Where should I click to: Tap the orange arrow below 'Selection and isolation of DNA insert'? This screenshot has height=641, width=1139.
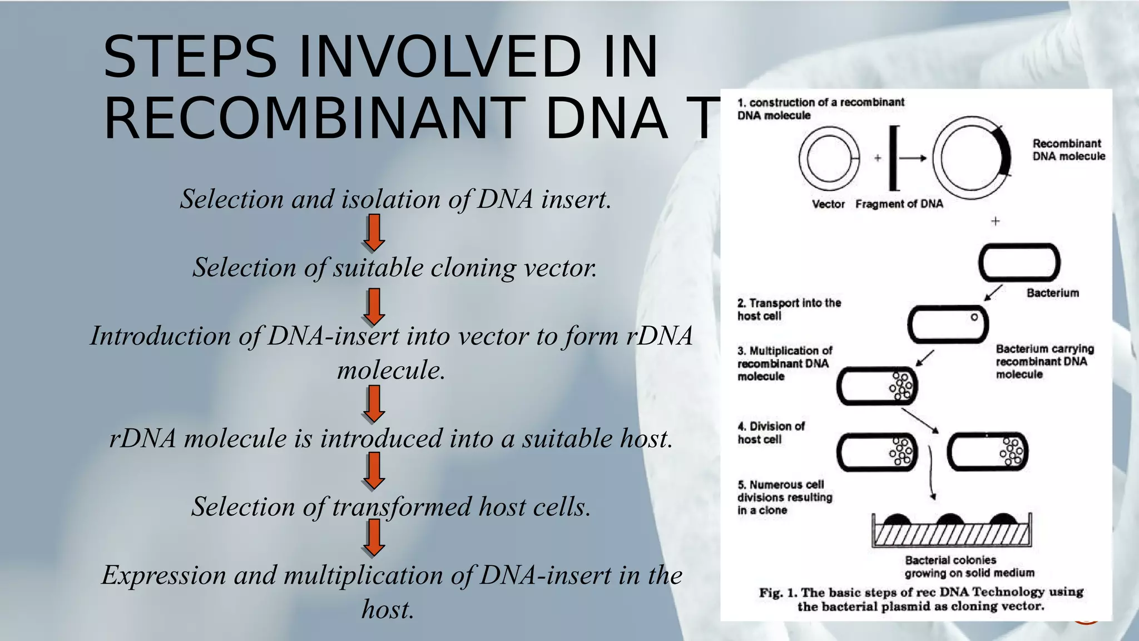(x=374, y=232)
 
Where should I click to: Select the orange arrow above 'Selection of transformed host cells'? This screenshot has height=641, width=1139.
(x=374, y=470)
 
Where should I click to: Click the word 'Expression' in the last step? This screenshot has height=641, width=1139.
(x=164, y=575)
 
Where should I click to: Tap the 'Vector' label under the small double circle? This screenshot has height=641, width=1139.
(x=828, y=204)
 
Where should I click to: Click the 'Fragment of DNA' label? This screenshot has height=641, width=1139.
(x=899, y=204)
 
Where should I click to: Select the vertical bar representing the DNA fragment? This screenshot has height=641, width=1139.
(x=894, y=158)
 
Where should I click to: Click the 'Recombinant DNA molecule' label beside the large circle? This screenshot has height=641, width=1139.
(x=1068, y=150)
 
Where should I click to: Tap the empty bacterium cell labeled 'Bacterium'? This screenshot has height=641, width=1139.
(x=1019, y=263)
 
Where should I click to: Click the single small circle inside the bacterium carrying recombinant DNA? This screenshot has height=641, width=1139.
(x=974, y=317)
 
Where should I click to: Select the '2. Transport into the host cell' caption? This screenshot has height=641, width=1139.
(x=789, y=309)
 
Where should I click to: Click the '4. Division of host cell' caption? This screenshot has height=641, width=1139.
(x=771, y=433)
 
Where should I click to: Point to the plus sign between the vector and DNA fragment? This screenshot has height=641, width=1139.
(x=878, y=158)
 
